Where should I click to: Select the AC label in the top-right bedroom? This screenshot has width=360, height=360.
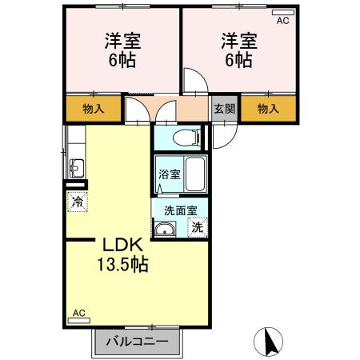pyautogui.click(x=282, y=22)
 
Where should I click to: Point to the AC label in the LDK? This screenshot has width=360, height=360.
pyautogui.click(x=78, y=314)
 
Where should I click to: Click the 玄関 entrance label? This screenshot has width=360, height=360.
pyautogui.click(x=224, y=109)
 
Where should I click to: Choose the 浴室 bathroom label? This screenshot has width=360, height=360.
pyautogui.click(x=169, y=174)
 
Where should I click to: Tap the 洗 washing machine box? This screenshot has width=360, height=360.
pyautogui.click(x=197, y=227)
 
